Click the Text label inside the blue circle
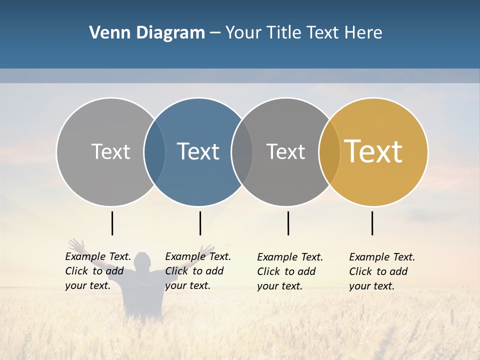pyautogui.click(x=198, y=151)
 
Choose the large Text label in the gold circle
pyautogui.click(x=373, y=151)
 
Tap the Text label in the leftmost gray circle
pyautogui.click(x=110, y=151)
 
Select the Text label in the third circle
pyautogui.click(x=285, y=151)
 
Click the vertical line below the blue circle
pyautogui.click(x=200, y=223)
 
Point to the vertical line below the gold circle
pyautogui.click(x=372, y=223)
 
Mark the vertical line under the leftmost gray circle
pyautogui.click(x=112, y=223)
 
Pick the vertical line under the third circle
pyautogui.click(x=288, y=223)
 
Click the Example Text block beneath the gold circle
pyautogui.click(x=381, y=271)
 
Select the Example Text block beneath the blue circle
pyautogui.click(x=197, y=271)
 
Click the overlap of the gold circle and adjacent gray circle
pyautogui.click(x=329, y=151)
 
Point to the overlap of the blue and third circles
pyautogui.click(x=242, y=151)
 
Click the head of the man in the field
pyautogui.click(x=143, y=260)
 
